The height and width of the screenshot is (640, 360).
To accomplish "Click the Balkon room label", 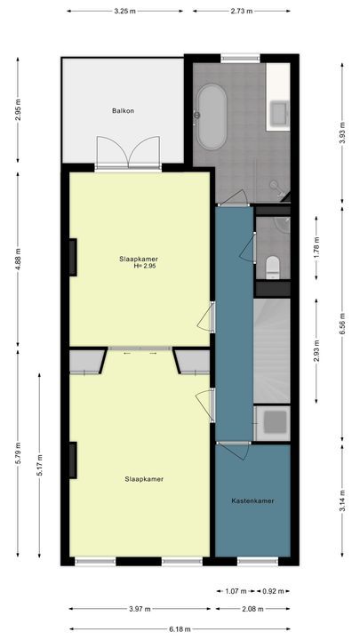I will (123, 111).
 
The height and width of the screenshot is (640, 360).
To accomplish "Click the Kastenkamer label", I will (253, 500).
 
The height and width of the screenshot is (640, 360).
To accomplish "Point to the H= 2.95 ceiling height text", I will (145, 266).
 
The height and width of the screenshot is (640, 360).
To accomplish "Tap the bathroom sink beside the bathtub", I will (280, 112).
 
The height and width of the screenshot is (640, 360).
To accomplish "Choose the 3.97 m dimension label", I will (140, 608).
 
